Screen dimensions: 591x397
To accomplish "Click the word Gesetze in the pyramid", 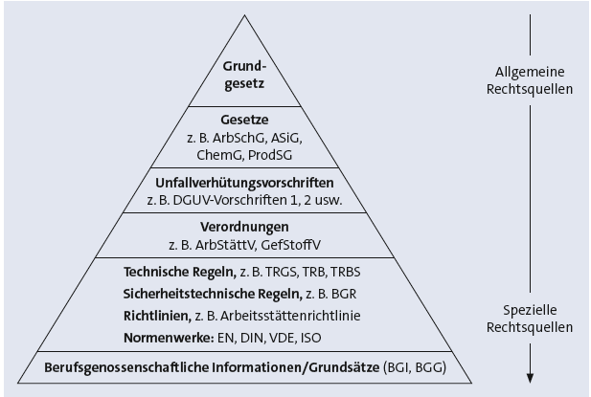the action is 244,120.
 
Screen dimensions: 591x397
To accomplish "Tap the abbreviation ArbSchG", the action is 239,138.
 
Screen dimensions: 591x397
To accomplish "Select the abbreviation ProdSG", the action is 270,155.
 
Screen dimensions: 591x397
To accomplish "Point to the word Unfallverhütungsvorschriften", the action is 244,183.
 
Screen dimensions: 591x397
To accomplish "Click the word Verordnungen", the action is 244,227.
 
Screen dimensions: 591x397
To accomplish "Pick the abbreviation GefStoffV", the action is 290,245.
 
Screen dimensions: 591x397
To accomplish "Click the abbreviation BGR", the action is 343,294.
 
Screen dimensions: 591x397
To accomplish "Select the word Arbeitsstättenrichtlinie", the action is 290,316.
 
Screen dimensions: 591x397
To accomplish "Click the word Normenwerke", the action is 169,338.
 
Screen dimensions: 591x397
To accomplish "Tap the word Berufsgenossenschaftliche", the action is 126,367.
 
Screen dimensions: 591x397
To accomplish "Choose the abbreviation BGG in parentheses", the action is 431,367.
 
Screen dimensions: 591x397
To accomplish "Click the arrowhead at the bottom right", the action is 530,378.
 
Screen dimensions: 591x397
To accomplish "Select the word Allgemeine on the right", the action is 530,72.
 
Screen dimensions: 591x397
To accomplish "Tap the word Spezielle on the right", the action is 530,310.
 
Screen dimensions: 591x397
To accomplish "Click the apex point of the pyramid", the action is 244,15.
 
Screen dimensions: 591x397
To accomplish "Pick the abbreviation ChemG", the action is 219,155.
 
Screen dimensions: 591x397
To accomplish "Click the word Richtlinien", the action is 157,316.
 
